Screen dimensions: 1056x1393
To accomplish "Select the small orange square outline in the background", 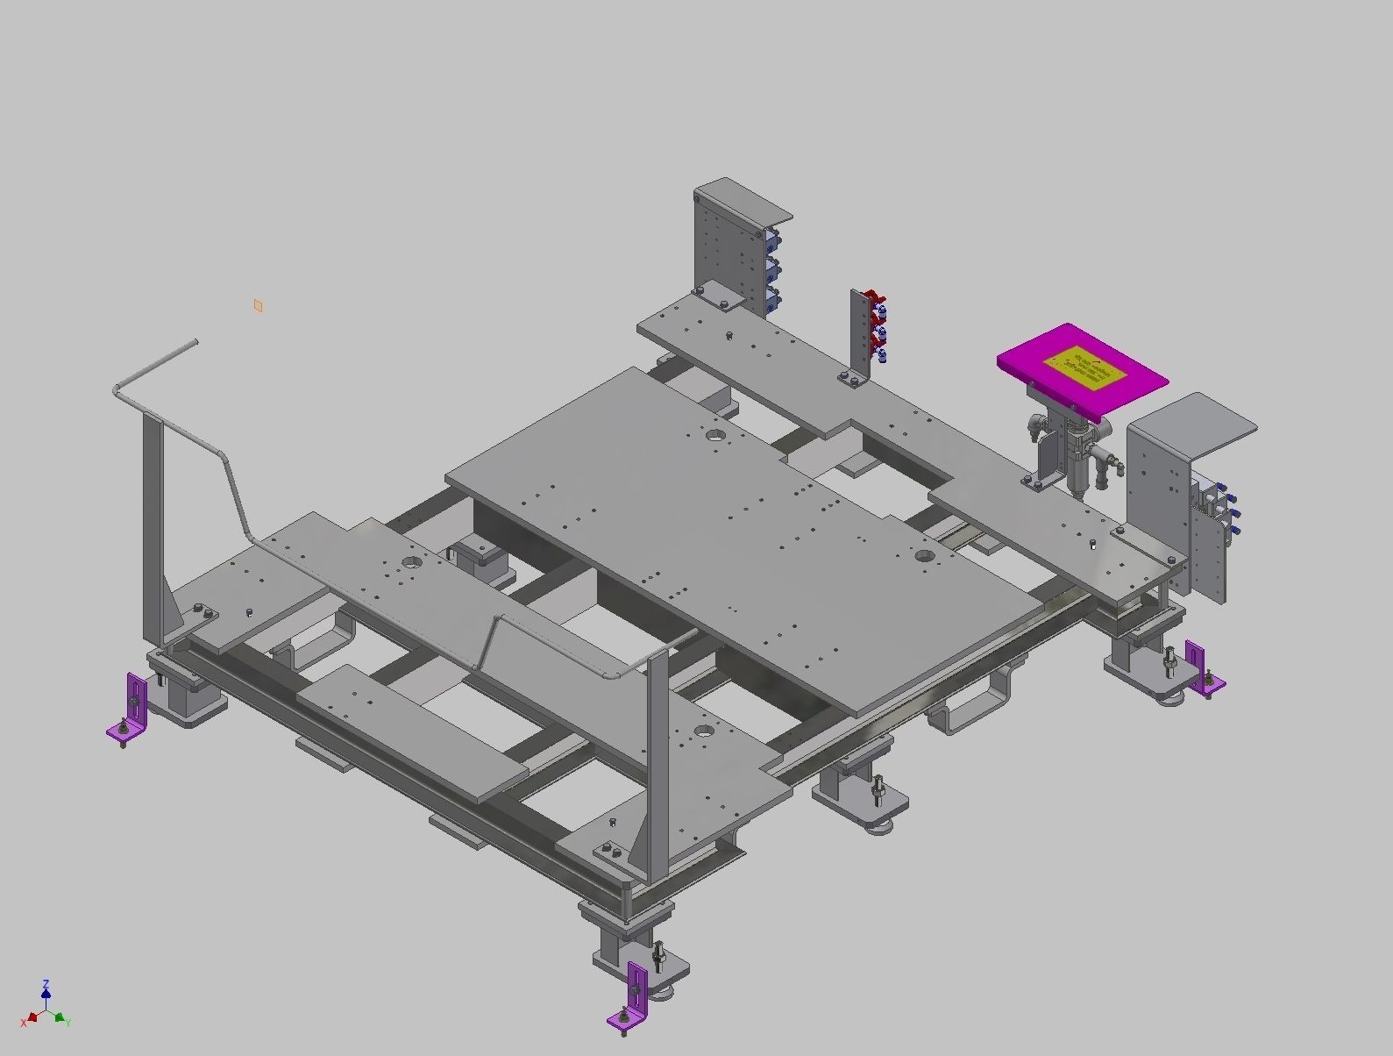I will (x=258, y=305).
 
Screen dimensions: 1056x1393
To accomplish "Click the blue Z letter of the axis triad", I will (x=46, y=984).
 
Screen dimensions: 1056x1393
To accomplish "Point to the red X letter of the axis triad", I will (x=24, y=1023).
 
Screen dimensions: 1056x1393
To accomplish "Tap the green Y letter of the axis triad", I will (x=68, y=1023).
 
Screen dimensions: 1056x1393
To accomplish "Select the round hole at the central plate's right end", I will (x=926, y=555).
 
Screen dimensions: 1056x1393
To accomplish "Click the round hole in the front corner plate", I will (x=703, y=730).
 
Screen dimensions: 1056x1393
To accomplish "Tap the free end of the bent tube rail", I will (x=194, y=343).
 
